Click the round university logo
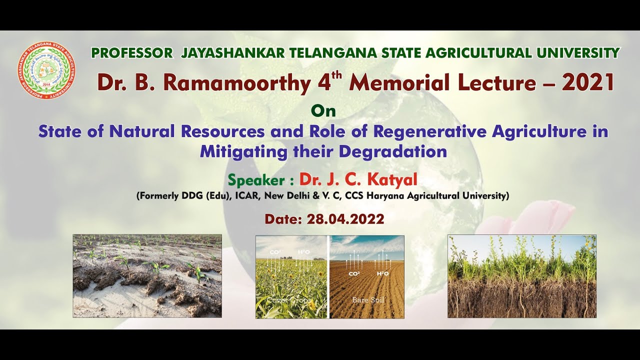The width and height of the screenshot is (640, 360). tap(46, 70)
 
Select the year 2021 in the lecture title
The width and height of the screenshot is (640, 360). tap(587, 82)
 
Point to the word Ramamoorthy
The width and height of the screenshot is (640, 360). tap(236, 83)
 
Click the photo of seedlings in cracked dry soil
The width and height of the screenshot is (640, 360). tap(147, 276)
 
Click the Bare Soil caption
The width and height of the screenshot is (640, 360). tap(367, 300)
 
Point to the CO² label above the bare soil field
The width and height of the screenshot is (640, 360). tap(354, 273)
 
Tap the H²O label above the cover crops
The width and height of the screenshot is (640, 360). tap(304, 252)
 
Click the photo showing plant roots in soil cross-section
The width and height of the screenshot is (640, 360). tap(521, 276)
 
